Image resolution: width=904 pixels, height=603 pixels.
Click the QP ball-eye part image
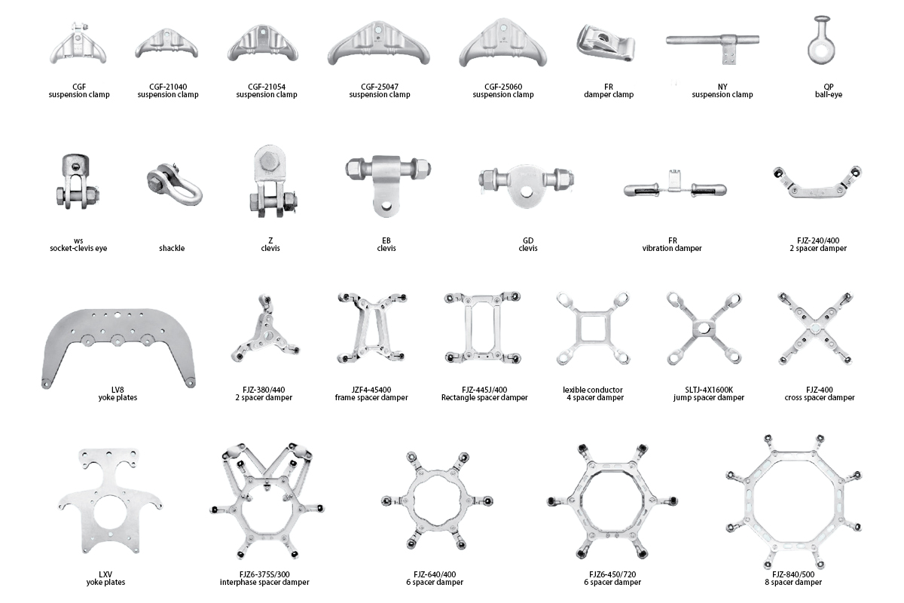[x=821, y=41]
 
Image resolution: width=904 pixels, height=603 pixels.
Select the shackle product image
[x=174, y=184]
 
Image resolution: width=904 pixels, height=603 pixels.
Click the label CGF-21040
[x=168, y=87]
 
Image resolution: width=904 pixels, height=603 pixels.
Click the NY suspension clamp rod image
[x=713, y=41]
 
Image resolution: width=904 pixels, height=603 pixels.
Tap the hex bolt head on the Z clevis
[x=268, y=162]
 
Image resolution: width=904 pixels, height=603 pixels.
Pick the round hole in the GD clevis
[x=526, y=192]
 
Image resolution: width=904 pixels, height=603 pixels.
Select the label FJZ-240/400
[x=818, y=240]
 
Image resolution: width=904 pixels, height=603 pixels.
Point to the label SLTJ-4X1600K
[x=709, y=390]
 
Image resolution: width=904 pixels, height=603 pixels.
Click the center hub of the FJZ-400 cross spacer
[x=815, y=329]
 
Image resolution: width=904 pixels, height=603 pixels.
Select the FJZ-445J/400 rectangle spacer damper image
[x=483, y=327]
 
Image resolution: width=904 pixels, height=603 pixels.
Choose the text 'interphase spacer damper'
[x=264, y=583]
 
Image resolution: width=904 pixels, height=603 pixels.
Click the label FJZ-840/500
[x=793, y=574]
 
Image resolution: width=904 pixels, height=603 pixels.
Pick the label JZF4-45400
[x=371, y=390]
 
